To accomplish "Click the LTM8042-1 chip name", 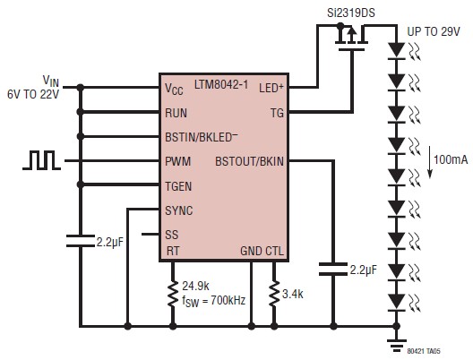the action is tap(221, 85).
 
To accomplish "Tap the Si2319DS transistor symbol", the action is tap(351, 37).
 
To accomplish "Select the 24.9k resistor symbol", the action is tap(173, 294).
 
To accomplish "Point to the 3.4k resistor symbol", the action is tap(274, 294).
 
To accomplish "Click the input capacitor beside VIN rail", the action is tap(81, 241).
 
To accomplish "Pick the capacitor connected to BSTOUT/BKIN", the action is tap(333, 269).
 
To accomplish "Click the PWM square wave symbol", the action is tap(41, 160).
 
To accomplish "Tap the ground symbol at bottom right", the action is tap(396, 346).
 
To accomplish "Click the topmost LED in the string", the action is tap(396, 51).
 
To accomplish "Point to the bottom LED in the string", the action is tap(396, 303).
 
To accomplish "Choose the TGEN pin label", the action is tap(178, 186).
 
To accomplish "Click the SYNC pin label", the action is tap(179, 210).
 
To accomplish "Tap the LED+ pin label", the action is tap(271, 88).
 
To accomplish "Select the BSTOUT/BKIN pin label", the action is tap(249, 161).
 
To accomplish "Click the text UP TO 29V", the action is tap(434, 31).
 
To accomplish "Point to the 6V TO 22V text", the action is tap(33, 94).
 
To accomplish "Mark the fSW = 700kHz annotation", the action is tap(213, 301).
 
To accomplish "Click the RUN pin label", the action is tap(176, 113).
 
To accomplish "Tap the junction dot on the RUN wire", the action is tap(81, 112).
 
